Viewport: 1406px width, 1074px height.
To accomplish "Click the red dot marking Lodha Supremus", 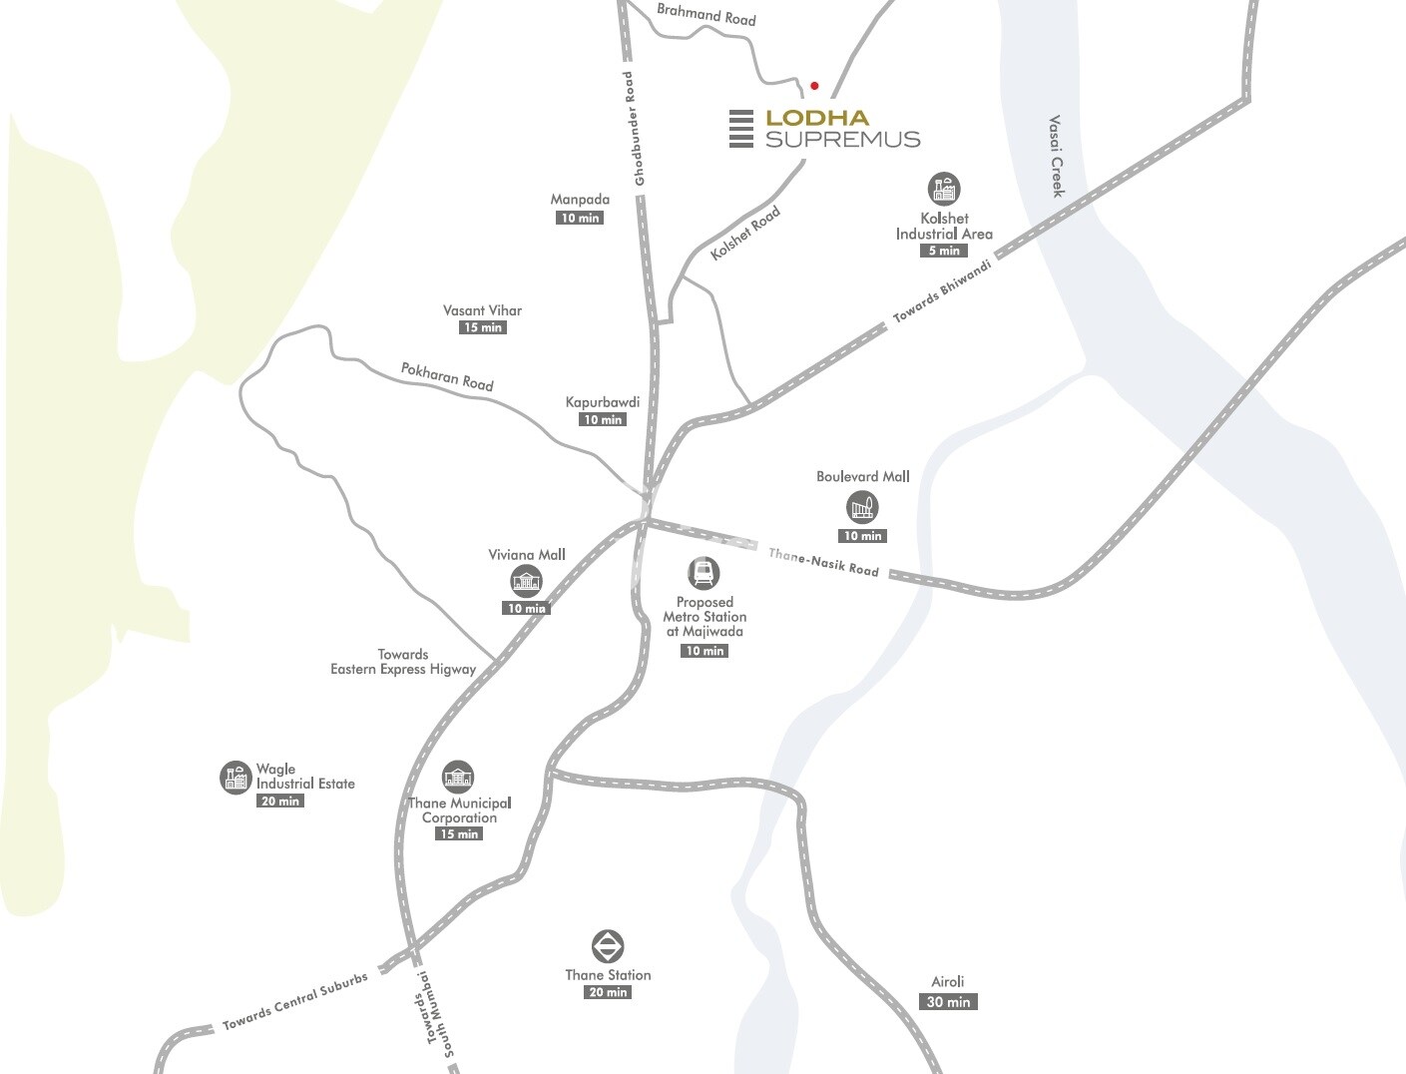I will [814, 86].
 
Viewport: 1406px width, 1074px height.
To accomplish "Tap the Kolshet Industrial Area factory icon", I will [943, 189].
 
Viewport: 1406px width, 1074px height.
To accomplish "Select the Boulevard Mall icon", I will [862, 508].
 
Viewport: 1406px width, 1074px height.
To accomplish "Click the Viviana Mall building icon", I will [526, 581].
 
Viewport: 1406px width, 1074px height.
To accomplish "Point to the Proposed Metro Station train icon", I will [703, 573].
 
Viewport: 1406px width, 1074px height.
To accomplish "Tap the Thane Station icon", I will [608, 946].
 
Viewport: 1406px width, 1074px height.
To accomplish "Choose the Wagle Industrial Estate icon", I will [235, 777].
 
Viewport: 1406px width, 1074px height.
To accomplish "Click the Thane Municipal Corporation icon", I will [458, 776].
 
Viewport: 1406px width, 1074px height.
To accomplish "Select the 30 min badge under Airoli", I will [948, 1002].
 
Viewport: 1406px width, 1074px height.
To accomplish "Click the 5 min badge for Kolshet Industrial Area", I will [944, 251].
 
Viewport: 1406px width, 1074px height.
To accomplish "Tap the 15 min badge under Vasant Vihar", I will [483, 327].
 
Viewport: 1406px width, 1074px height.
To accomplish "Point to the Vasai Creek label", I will [1057, 156].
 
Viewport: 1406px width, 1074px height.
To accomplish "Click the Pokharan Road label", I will [447, 376].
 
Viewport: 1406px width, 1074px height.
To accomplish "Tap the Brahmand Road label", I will [705, 15].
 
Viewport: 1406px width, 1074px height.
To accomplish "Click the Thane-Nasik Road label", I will [823, 562].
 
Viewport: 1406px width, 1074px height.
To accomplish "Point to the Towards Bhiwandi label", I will [943, 291].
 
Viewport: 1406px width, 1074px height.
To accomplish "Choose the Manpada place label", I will [580, 200].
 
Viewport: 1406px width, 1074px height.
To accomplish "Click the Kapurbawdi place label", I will [603, 402].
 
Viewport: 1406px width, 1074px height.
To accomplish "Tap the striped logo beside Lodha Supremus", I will [740, 129].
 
